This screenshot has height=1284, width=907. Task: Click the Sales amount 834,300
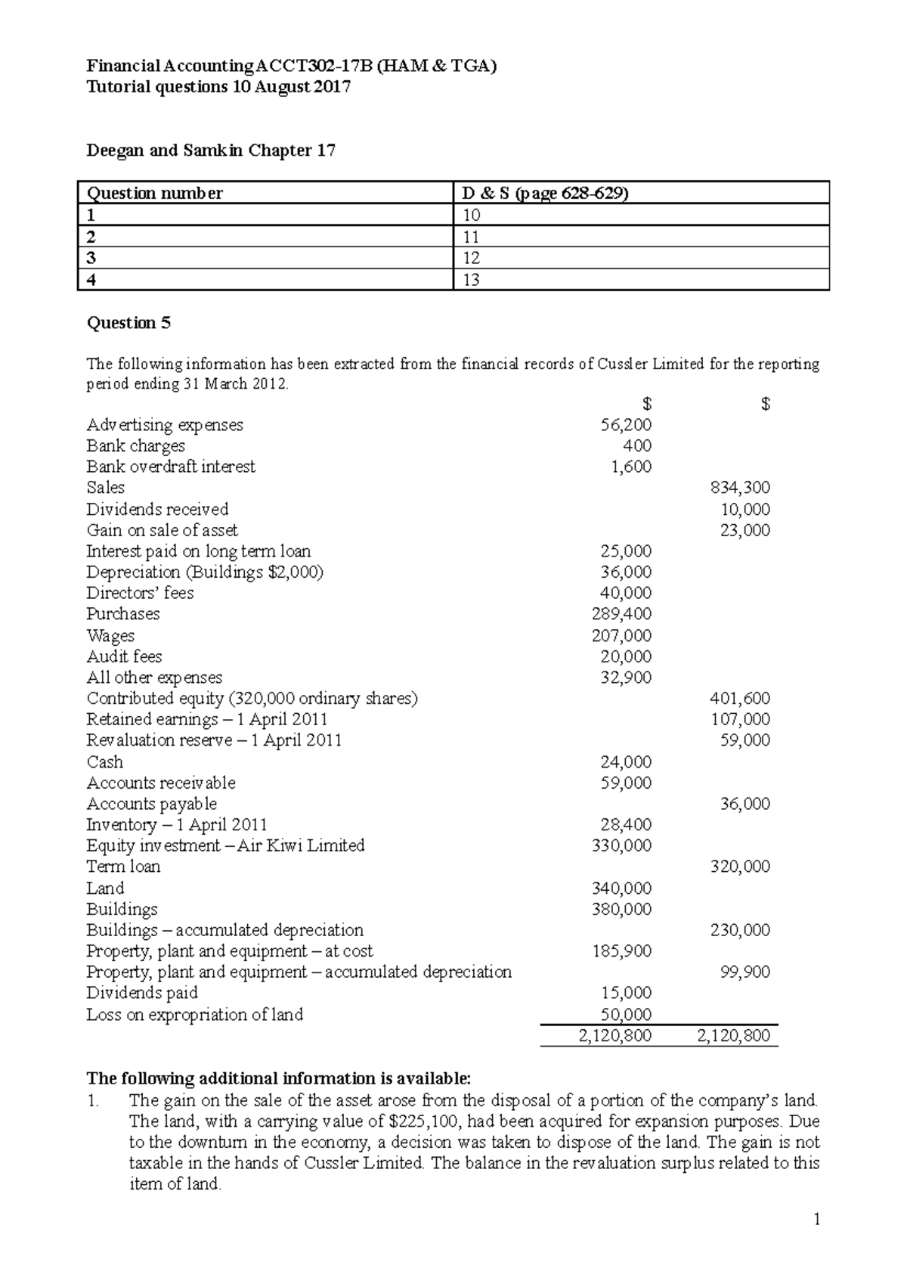(740, 488)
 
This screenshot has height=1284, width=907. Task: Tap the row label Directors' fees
(140, 593)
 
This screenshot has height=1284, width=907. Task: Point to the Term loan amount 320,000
(740, 867)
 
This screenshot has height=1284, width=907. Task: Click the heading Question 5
(129, 323)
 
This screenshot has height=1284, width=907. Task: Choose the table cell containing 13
(472, 280)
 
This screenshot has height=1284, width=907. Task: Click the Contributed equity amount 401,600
(740, 699)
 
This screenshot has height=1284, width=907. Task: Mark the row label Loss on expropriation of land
(194, 1015)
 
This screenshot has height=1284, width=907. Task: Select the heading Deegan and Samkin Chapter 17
(211, 150)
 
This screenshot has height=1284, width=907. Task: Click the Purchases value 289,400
(621, 614)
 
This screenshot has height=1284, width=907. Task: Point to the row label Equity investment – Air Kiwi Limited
(225, 845)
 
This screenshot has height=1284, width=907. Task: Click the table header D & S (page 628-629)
(545, 194)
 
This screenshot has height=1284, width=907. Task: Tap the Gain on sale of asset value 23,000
(744, 530)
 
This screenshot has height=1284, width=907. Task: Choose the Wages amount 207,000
(621, 635)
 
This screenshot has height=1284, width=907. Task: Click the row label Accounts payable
(151, 804)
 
